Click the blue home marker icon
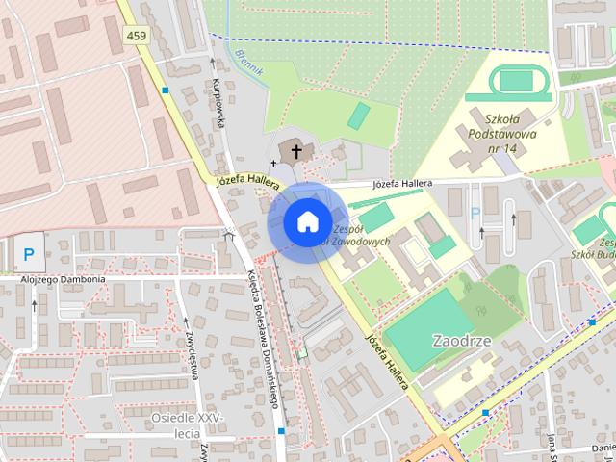[x=306, y=222]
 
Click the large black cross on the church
[x=296, y=150]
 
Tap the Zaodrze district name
[x=463, y=341]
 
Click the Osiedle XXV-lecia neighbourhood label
[x=187, y=424]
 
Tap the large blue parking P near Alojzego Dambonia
[x=29, y=255]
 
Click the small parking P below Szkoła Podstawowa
[x=474, y=214]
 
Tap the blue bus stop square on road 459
[x=167, y=90]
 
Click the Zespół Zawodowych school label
[x=359, y=236]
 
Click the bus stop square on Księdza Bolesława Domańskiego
[x=280, y=431]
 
